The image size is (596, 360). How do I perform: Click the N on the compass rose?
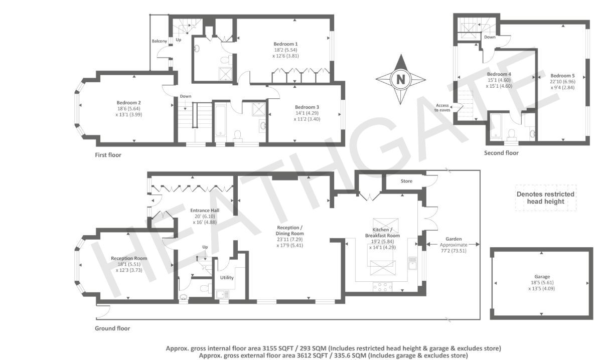click(x=401, y=80)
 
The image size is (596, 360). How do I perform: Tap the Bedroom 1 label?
click(x=285, y=44)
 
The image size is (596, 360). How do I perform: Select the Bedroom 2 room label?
click(x=129, y=102)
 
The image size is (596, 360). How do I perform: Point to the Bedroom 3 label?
click(x=307, y=107)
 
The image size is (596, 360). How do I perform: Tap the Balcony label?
click(x=159, y=41)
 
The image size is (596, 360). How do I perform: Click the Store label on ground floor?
click(x=406, y=181)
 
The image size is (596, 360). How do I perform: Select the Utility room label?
click(x=227, y=278)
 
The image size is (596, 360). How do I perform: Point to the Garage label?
click(x=542, y=277)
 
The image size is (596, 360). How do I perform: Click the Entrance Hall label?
click(x=205, y=211)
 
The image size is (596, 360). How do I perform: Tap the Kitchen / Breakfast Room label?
click(x=382, y=233)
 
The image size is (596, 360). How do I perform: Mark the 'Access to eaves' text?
click(x=442, y=107)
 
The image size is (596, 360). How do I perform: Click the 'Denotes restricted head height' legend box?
click(x=545, y=198)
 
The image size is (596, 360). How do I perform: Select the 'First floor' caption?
click(x=108, y=155)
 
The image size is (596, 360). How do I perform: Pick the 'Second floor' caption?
click(x=501, y=153)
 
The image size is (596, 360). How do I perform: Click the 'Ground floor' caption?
click(x=112, y=328)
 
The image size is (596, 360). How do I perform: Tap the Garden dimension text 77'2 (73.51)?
click(x=454, y=251)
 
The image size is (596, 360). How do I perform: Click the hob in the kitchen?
click(x=382, y=287)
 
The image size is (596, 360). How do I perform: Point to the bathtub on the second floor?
click(x=496, y=126)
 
